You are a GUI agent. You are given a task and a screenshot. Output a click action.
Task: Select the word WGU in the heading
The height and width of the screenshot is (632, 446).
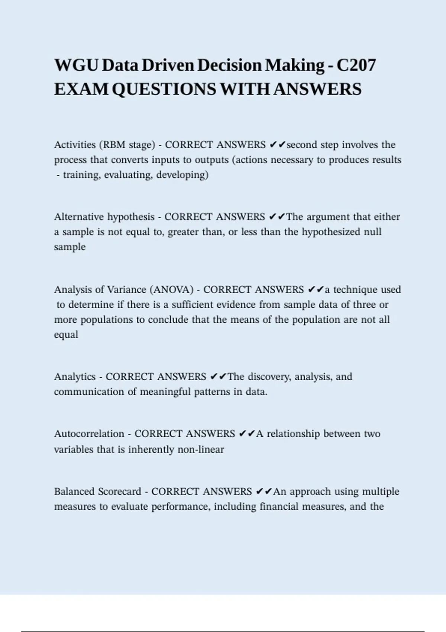click(x=76, y=65)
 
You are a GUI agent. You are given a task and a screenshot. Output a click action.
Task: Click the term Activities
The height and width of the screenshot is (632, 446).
click(x=75, y=145)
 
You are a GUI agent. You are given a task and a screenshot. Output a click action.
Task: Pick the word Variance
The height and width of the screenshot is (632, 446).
click(x=126, y=290)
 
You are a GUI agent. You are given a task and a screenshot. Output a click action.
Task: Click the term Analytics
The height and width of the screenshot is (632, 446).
click(x=75, y=377)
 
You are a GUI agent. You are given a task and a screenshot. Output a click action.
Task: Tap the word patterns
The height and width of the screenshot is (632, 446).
click(x=212, y=392)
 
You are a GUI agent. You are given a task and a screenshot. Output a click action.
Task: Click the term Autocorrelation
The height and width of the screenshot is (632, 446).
click(x=89, y=434)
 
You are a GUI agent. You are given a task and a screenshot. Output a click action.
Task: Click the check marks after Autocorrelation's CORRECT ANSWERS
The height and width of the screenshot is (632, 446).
click(x=247, y=434)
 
